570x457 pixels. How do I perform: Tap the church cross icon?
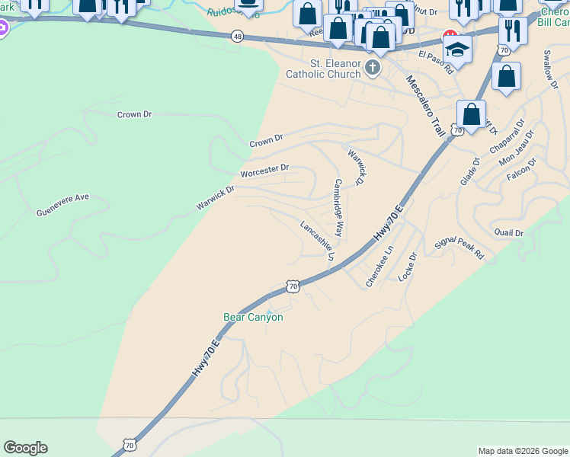373,69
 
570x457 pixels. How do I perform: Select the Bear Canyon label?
253,317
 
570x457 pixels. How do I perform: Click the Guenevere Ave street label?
62,205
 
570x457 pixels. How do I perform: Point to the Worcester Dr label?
264,171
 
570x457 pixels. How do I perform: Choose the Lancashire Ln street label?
317,241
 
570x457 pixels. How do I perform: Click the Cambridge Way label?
338,208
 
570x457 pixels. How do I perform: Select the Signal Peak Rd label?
459,249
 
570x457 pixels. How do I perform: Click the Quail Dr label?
509,233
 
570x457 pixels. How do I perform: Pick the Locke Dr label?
408,267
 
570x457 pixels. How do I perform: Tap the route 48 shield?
239,36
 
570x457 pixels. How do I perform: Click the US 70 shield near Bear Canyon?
293,286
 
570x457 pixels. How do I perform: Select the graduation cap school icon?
457,50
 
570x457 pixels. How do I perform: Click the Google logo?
25,448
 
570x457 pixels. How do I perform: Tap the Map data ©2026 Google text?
523,451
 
